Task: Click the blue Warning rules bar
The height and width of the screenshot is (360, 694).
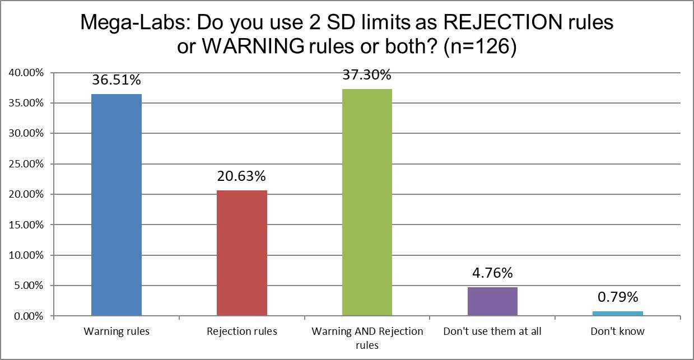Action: [x=117, y=205]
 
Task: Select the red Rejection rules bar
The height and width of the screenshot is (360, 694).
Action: [x=241, y=253]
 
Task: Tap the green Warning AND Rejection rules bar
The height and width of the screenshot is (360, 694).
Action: [x=367, y=203]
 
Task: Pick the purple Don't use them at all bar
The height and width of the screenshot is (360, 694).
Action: [x=492, y=302]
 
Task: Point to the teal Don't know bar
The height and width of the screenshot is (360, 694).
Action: [x=617, y=314]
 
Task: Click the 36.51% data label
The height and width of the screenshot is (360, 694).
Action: [x=117, y=81]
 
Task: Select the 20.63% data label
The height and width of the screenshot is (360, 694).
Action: [x=241, y=177]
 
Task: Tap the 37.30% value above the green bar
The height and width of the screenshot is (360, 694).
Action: [x=367, y=76]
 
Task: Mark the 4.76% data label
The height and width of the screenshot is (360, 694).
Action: [x=492, y=274]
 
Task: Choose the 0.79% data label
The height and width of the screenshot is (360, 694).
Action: [x=617, y=296]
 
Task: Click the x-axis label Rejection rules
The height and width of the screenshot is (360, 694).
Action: [x=241, y=331]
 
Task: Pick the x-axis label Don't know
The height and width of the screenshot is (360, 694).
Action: [x=617, y=331]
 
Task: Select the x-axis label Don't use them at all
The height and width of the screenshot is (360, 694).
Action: [x=492, y=331]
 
